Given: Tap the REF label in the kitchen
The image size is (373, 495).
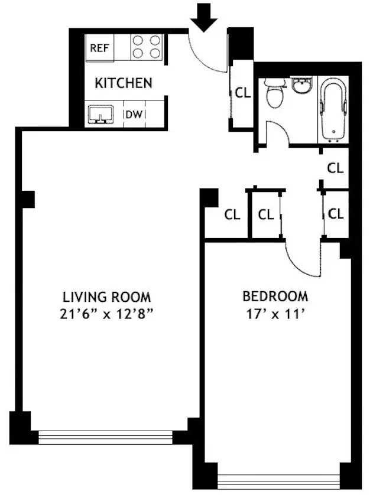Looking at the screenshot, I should click(99, 48).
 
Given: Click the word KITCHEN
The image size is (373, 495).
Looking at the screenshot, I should click(123, 83).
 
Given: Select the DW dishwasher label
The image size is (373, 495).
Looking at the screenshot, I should click(134, 115).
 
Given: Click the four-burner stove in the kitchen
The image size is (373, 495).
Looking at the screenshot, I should click(147, 47).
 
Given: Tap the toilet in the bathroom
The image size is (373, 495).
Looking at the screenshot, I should click(274, 95).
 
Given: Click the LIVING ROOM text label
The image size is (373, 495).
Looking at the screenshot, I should click(107, 296).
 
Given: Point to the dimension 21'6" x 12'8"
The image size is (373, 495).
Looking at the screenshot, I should click(107, 314).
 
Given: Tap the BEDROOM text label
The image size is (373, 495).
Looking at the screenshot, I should click(275, 296).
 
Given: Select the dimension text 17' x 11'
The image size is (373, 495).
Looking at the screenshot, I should click(275, 314).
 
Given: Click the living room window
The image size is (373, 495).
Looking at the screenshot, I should click(105, 438).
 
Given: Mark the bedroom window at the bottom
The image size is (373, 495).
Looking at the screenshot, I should click(279, 481).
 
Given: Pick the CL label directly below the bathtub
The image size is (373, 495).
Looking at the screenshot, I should click(335, 168).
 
